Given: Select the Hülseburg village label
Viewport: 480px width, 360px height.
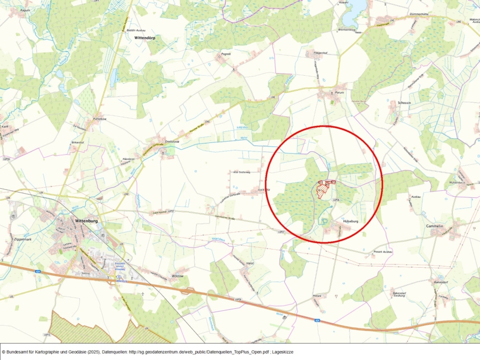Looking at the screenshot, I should click(x=350, y=219).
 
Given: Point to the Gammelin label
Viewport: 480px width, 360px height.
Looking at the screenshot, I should click(x=435, y=226).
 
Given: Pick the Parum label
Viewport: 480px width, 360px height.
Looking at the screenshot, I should click(x=339, y=92).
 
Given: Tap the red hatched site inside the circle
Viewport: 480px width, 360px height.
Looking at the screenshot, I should click(x=322, y=190).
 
